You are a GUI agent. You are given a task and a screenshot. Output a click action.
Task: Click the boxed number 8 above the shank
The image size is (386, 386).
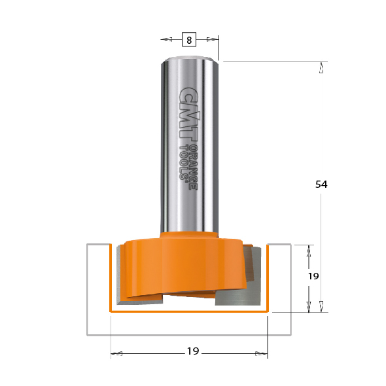pos(189,40)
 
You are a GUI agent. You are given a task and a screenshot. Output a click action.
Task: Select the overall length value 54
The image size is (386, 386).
pos(321,184)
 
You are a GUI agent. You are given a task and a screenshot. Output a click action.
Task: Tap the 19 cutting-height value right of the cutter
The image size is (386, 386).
pos(313,276)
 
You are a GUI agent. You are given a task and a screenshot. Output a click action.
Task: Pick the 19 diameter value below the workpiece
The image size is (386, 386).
pos(192,351)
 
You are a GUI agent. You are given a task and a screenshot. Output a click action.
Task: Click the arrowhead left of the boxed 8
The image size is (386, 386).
pos(166,40)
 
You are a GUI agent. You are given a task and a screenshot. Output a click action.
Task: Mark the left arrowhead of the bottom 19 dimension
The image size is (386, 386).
pos(117,354)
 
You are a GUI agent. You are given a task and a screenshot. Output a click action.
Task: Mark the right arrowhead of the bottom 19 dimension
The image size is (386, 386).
pos(261,354)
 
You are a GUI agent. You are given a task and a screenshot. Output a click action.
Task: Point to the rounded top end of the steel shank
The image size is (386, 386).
pos(189,60)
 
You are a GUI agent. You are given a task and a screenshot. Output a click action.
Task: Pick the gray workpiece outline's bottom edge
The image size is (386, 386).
pos(189,335)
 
